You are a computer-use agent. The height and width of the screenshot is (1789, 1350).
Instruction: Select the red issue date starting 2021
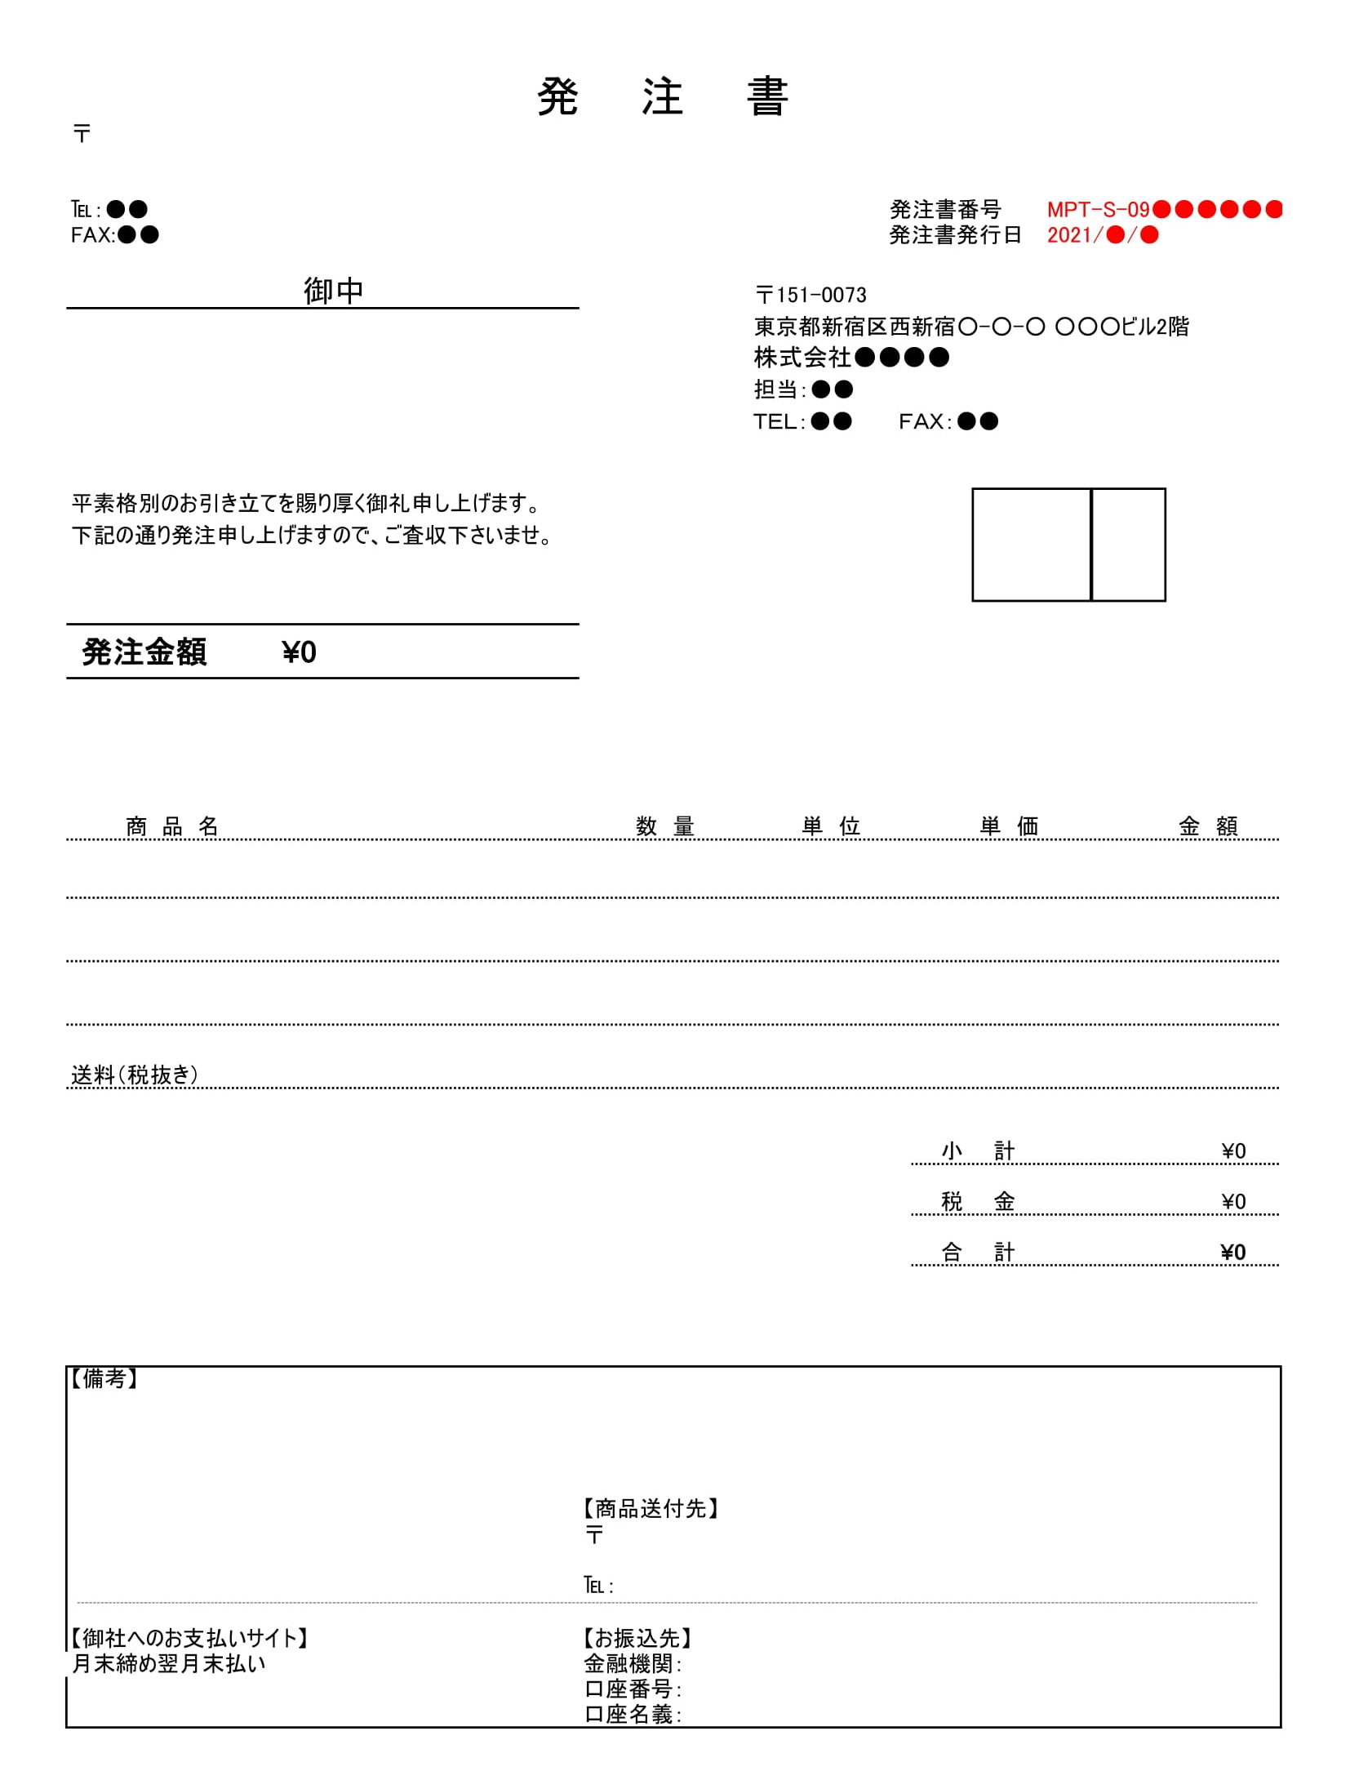(x=1102, y=235)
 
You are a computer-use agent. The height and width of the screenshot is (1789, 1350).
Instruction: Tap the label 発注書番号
(x=944, y=210)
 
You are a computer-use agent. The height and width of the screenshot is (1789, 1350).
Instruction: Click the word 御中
(x=333, y=291)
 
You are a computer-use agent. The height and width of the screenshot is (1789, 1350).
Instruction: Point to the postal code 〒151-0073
(x=810, y=295)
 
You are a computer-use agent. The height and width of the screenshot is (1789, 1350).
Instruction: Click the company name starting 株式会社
(x=850, y=358)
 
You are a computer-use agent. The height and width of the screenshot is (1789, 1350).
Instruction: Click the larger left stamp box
(x=1030, y=545)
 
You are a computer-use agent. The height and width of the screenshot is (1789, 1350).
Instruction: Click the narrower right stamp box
(x=1128, y=545)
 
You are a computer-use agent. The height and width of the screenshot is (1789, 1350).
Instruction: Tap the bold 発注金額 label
(x=144, y=652)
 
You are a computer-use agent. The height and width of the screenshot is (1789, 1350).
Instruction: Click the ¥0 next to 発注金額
(x=299, y=652)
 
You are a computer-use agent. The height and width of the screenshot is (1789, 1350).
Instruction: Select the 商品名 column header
(x=172, y=826)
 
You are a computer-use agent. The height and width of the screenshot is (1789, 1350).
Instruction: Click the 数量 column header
(x=664, y=826)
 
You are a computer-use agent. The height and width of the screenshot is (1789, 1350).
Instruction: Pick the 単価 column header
(x=1009, y=826)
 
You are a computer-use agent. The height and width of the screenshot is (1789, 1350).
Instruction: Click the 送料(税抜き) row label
(x=135, y=1075)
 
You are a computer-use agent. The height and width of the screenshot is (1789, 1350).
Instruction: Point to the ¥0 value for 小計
(x=1232, y=1151)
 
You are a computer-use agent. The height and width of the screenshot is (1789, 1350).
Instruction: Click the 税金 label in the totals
(x=977, y=1202)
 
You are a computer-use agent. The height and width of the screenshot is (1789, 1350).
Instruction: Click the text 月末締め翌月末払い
(x=169, y=1664)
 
